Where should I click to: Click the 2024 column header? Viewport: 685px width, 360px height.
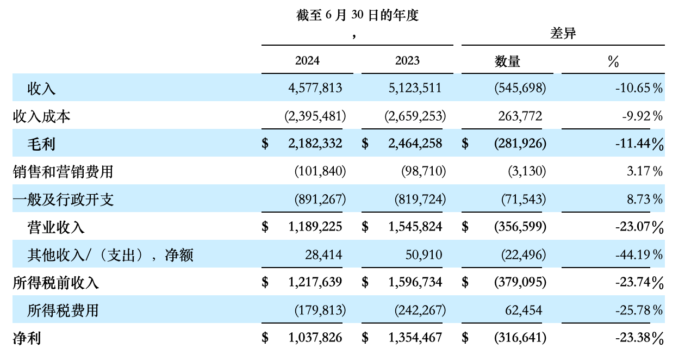click(307, 60)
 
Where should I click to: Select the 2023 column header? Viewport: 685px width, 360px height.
click(407, 60)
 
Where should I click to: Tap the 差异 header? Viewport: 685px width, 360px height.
click(563, 34)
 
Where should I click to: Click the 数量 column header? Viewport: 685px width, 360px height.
click(507, 61)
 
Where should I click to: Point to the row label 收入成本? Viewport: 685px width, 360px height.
click(42, 116)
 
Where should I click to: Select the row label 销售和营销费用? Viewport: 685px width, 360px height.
click(63, 172)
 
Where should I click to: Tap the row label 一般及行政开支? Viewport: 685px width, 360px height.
click(63, 200)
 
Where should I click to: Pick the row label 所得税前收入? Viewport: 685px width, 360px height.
click(56, 282)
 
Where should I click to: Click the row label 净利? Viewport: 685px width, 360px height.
click(27, 338)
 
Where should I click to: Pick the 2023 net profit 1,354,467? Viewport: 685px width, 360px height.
click(415, 338)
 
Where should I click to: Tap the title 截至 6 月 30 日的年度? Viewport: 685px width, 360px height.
click(357, 16)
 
